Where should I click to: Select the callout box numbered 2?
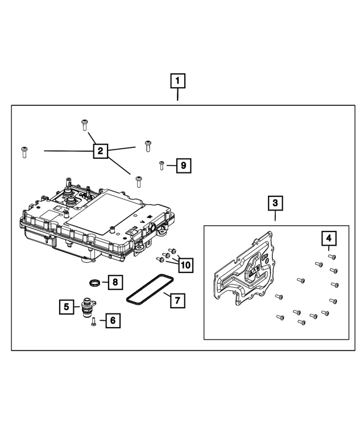point(100,151)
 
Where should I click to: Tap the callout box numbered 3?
point(275,203)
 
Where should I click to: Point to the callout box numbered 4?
point(329,237)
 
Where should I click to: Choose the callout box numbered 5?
point(67,307)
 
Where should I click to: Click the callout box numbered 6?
point(112,321)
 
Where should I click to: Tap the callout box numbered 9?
point(183,166)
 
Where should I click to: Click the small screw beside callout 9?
point(162,165)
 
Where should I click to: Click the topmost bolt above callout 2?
point(84,124)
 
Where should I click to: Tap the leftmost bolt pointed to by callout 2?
point(24,151)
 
